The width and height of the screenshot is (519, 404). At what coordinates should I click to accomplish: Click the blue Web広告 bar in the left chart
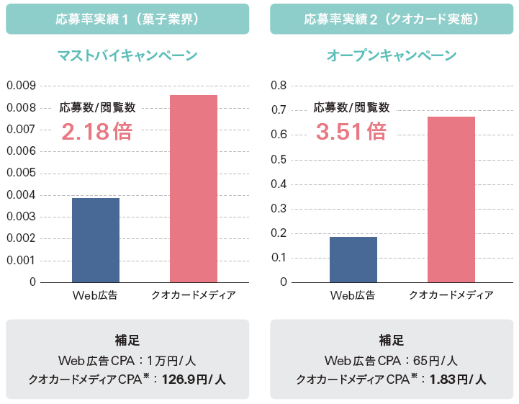(96, 240)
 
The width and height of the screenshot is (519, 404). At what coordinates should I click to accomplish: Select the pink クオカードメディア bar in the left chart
(194, 189)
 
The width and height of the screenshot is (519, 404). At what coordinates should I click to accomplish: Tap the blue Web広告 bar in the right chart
(353, 259)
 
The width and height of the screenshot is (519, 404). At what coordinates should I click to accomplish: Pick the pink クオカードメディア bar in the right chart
(451, 199)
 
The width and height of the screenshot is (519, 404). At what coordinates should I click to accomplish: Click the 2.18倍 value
(97, 132)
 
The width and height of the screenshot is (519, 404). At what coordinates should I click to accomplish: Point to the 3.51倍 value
(351, 132)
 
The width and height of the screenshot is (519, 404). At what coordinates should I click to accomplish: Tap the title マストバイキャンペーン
(127, 55)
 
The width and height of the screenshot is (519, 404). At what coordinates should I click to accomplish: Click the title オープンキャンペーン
(392, 55)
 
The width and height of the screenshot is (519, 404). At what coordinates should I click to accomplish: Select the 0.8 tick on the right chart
(279, 86)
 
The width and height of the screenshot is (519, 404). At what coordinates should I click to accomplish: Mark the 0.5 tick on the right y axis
(279, 159)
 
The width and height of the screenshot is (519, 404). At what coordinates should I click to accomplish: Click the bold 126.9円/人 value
(194, 379)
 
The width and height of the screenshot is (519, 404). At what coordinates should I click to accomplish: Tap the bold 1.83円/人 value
(458, 379)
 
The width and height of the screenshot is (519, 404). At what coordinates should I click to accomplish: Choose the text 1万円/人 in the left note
(177, 361)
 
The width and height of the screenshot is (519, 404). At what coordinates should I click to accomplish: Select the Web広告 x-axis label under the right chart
(353, 295)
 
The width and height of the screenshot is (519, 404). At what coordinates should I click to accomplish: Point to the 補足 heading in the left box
(127, 341)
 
